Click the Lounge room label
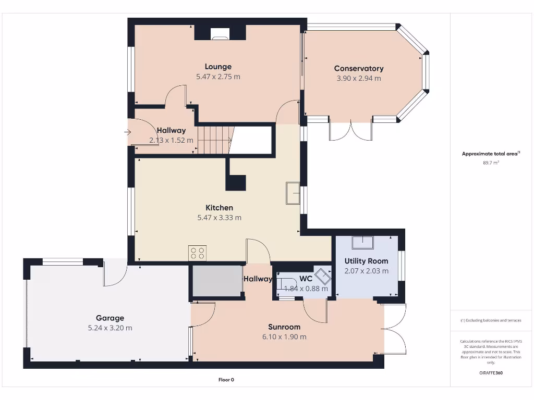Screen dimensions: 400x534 tap(218, 67)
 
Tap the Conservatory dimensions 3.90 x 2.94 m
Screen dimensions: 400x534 tap(359, 79)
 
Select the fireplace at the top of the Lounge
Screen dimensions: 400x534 tap(220, 34)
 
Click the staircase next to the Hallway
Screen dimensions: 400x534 tap(214, 139)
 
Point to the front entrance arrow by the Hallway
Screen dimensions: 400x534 tap(127, 132)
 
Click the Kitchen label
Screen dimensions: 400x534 tap(219, 208)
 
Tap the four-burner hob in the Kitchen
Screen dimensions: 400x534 tap(198, 253)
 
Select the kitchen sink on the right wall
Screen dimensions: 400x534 tap(293, 193)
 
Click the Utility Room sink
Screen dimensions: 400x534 tap(362, 243)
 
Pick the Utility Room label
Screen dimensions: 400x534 tap(366, 261)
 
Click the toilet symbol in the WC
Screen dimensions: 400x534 tap(285, 284)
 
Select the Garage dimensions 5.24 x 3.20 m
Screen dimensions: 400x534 tap(110, 328)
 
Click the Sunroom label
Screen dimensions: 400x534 tap(284, 327)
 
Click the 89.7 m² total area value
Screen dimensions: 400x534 tap(491, 163)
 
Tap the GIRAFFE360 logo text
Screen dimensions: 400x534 tap(491, 373)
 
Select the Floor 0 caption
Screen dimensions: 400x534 tap(226, 380)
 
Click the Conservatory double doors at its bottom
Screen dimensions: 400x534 tap(350, 130)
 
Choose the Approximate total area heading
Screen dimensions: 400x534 tap(490, 154)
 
